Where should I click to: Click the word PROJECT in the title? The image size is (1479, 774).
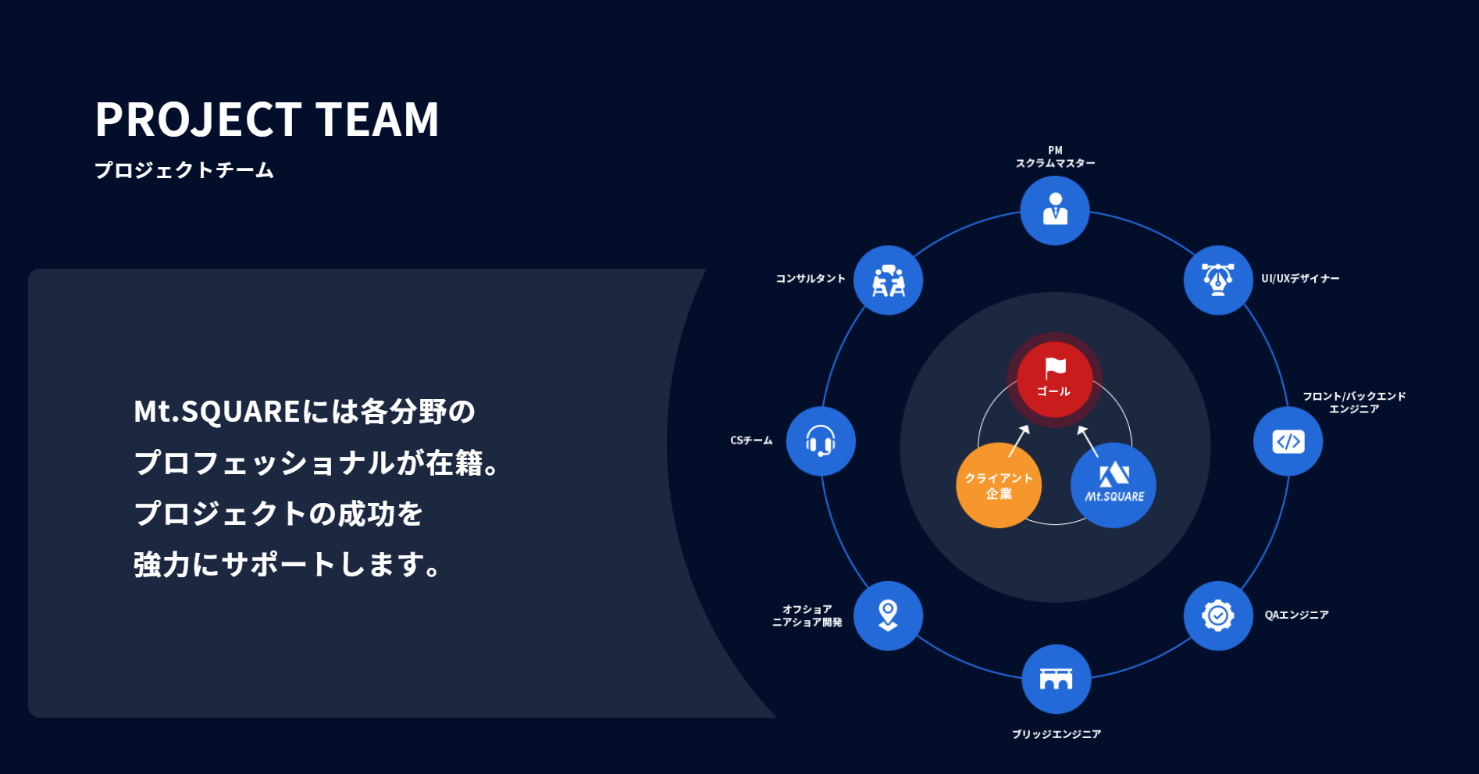[x=198, y=119]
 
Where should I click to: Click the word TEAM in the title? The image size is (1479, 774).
[x=377, y=119]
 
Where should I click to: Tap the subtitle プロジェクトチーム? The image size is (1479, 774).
[x=184, y=170]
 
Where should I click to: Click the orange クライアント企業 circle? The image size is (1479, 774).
[x=998, y=485]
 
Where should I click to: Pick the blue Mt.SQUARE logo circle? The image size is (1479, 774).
[x=1114, y=485]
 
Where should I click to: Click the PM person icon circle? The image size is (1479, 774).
[x=1055, y=210]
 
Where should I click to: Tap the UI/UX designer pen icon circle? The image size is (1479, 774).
[x=1218, y=280]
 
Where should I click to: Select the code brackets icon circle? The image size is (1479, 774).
[x=1288, y=441]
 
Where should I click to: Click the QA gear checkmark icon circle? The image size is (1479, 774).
[x=1218, y=615]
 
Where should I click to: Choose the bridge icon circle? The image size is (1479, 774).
[x=1056, y=679]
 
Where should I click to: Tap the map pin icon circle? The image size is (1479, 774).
[x=888, y=615]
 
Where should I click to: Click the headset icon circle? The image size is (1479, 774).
[x=821, y=441]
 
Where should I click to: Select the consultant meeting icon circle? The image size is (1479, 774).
[x=888, y=280]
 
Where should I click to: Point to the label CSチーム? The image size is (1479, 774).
[x=751, y=441]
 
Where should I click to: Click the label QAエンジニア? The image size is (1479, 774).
[x=1296, y=615]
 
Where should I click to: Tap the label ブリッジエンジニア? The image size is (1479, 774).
[x=1056, y=734]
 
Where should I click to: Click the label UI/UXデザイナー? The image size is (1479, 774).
[x=1300, y=278]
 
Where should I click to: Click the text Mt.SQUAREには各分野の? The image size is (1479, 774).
[x=305, y=412]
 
